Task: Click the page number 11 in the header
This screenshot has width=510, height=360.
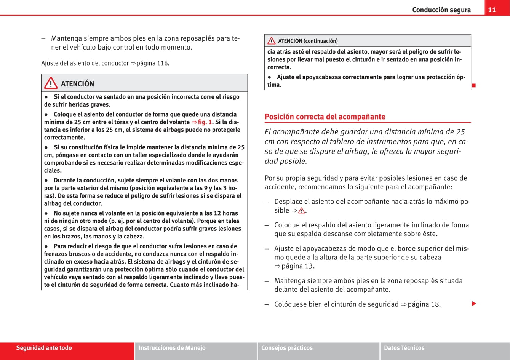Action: tap(492, 10)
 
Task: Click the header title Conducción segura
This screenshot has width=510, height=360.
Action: tap(441, 10)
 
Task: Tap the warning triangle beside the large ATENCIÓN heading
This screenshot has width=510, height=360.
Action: tap(50, 83)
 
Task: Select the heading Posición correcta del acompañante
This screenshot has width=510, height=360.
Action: tap(325, 117)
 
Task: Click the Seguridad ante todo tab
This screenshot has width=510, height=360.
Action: tap(44, 348)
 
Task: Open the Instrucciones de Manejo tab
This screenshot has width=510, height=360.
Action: tap(172, 348)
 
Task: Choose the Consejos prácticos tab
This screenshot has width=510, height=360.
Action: tap(287, 348)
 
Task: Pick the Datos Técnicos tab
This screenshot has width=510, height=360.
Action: tap(404, 348)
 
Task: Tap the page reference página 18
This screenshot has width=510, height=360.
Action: tap(424, 304)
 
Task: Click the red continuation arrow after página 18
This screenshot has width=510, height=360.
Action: tap(474, 304)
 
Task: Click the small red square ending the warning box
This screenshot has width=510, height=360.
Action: tap(474, 85)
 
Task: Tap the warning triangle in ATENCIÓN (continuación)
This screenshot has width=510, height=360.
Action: tap(272, 41)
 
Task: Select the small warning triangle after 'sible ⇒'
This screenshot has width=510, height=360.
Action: tap(302, 211)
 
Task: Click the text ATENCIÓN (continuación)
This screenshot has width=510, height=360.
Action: tap(308, 41)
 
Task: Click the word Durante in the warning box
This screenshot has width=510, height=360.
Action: tap(65, 180)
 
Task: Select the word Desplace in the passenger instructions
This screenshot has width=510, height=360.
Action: tap(288, 202)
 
